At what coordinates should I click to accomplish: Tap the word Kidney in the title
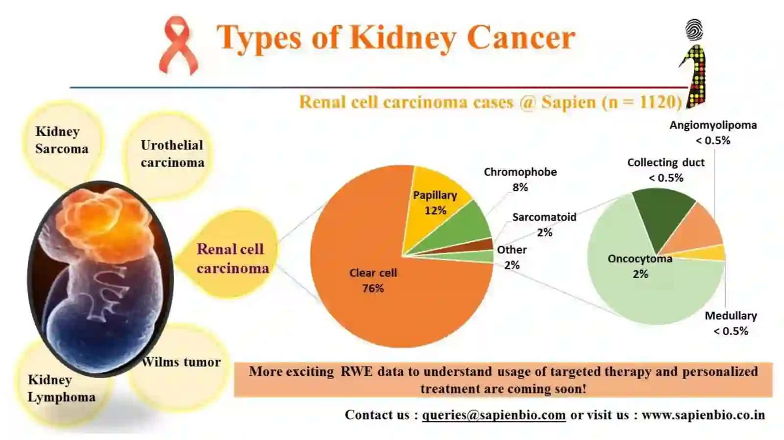click(403, 38)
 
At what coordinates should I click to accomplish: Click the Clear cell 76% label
click(373, 280)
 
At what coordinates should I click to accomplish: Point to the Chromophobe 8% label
click(520, 179)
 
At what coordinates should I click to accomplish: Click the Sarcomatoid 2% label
click(544, 224)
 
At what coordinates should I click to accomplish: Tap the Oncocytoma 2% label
click(640, 266)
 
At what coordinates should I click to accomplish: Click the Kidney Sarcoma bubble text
click(62, 140)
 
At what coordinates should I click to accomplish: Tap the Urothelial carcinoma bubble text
click(172, 154)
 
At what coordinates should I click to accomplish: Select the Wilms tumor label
click(181, 362)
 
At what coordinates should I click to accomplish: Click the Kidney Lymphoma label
click(61, 388)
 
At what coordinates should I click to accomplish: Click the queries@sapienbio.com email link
click(494, 415)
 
